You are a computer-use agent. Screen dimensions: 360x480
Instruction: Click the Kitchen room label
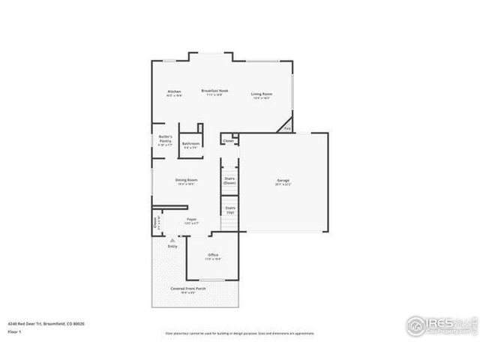pyautogui.click(x=174, y=91)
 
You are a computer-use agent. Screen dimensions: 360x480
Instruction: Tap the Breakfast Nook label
pyautogui.click(x=214, y=90)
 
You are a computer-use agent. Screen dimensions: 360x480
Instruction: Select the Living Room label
pyautogui.click(x=262, y=94)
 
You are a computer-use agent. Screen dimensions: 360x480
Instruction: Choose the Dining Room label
pyautogui.click(x=187, y=180)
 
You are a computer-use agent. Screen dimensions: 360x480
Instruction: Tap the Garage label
pyautogui.click(x=283, y=181)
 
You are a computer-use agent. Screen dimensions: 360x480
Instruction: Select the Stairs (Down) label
pyautogui.click(x=230, y=180)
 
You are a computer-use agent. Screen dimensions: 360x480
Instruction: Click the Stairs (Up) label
pyautogui.click(x=230, y=209)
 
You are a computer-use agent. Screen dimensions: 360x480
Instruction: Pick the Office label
pyautogui.click(x=213, y=255)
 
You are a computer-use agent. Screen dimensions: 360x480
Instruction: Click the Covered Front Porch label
pyautogui.click(x=187, y=289)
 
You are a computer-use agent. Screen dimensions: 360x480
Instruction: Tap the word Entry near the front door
pyautogui.click(x=172, y=246)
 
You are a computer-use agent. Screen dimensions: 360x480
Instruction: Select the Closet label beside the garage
pyautogui.click(x=229, y=140)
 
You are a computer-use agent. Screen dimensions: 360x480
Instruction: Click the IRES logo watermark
pyautogui.click(x=440, y=324)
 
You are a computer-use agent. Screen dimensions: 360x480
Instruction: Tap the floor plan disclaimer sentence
pyautogui.click(x=239, y=332)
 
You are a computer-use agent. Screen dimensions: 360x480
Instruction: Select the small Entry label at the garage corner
pyautogui.click(x=287, y=128)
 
